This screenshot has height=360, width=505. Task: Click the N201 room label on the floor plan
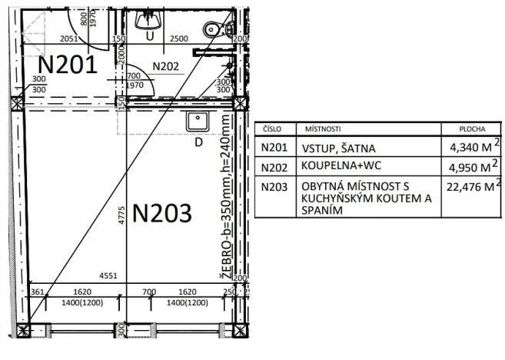pyautogui.click(x=68, y=65)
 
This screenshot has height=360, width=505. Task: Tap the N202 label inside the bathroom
pyautogui.click(x=165, y=66)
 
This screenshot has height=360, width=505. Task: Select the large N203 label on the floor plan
pyautogui.click(x=161, y=213)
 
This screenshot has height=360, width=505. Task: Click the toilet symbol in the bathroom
pyautogui.click(x=216, y=28)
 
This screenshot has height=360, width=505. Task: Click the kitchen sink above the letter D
pyautogui.click(x=198, y=122)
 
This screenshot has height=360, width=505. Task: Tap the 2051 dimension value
pyautogui.click(x=71, y=38)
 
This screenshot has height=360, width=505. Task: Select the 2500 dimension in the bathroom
pyautogui.click(x=178, y=38)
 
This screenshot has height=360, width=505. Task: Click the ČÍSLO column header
pyautogui.click(x=273, y=130)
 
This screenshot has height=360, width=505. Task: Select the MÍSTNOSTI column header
pyautogui.click(x=323, y=130)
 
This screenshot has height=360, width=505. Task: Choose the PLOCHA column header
pyautogui.click(x=471, y=130)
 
